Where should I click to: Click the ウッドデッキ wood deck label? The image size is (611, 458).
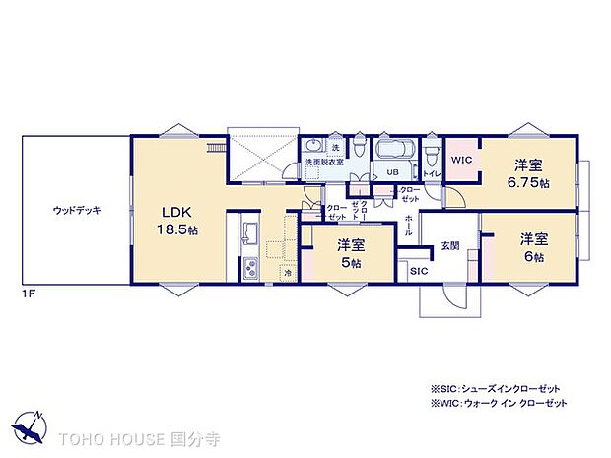[77, 210]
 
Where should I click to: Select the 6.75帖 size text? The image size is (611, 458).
[530, 183]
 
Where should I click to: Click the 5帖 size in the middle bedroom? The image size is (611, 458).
[350, 263]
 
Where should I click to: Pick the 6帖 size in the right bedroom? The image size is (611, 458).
[533, 255]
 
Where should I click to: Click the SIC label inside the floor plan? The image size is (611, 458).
[418, 269]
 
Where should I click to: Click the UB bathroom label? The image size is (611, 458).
[391, 172]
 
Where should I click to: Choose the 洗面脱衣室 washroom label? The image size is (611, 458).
[324, 162]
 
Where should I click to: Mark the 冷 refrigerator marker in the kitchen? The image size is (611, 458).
[287, 272]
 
